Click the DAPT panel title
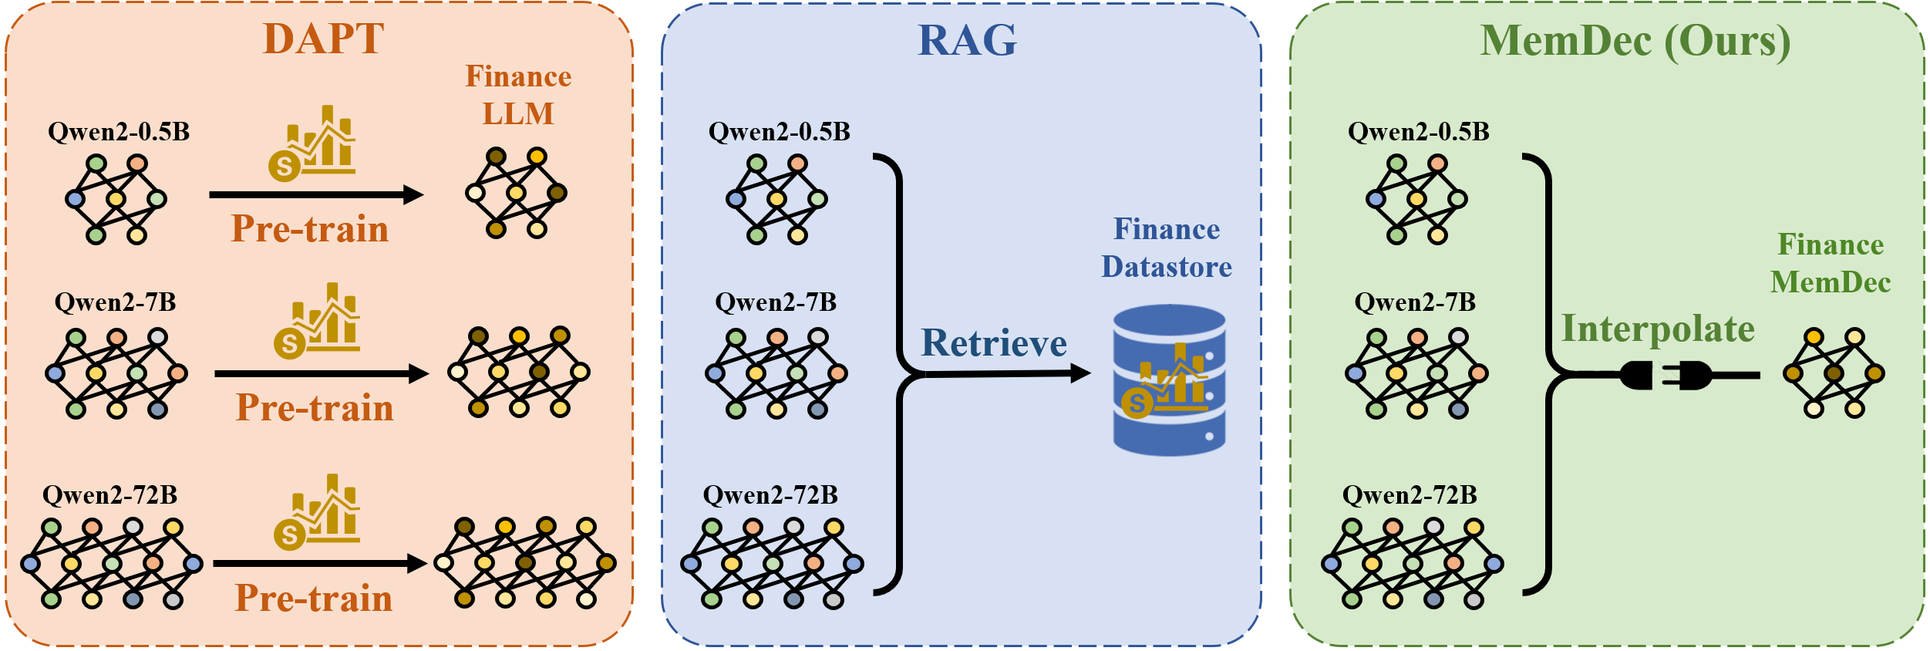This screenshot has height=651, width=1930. (x=323, y=39)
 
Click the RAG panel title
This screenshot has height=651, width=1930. (x=967, y=40)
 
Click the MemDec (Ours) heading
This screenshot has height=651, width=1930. (x=1635, y=40)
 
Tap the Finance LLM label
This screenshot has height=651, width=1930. (x=518, y=95)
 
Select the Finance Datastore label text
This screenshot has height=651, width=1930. (x=1166, y=248)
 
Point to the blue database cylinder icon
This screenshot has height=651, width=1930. (x=1169, y=379)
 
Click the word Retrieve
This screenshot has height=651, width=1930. (x=994, y=342)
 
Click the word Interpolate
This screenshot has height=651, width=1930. (x=1658, y=329)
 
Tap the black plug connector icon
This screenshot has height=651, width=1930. (x=1666, y=376)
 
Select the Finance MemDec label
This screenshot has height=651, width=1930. (x=1831, y=263)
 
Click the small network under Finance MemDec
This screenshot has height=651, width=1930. (x=1834, y=373)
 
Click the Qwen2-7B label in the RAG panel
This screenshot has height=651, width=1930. (x=776, y=302)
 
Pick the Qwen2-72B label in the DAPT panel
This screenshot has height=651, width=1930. (x=109, y=494)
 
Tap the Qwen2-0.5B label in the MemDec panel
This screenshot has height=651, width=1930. (x=1418, y=131)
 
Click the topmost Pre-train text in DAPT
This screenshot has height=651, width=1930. (x=310, y=229)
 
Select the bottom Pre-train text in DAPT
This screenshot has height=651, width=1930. (x=314, y=599)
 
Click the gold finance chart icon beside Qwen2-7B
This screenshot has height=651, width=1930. (x=317, y=321)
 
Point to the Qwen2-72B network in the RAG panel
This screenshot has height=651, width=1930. (x=772, y=564)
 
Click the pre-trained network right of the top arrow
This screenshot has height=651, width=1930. (x=516, y=193)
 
